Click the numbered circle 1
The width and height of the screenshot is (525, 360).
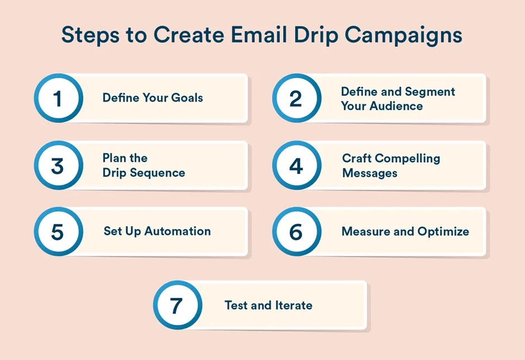click(58, 99)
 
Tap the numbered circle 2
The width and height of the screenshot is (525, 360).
click(296, 99)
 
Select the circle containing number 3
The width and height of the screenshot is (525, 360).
click(58, 166)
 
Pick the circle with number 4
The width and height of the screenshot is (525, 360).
click(296, 166)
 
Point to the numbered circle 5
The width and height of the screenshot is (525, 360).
click(58, 232)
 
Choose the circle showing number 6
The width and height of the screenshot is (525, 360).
click(296, 232)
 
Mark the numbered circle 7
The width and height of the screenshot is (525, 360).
click(177, 305)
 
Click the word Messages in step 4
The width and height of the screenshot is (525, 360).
click(370, 173)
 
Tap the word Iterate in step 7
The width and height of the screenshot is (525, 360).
click(294, 305)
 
